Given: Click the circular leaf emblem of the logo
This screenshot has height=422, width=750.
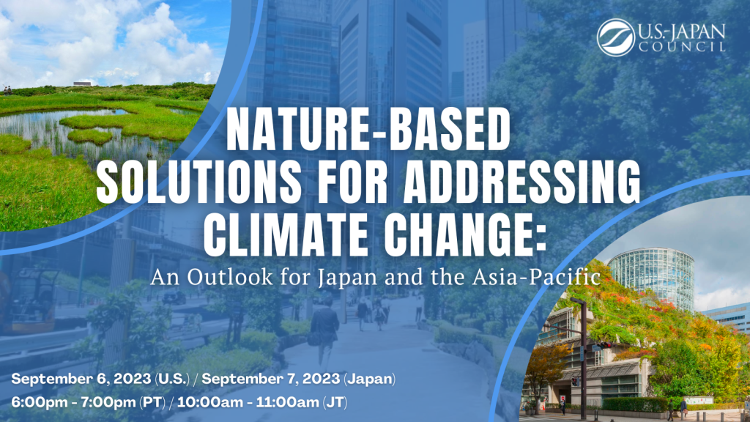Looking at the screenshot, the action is pyautogui.click(x=615, y=37).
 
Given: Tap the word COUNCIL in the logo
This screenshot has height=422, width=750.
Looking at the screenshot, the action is pyautogui.click(x=682, y=47).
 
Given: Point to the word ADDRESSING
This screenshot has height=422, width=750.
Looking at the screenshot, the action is pyautogui.click(x=521, y=182).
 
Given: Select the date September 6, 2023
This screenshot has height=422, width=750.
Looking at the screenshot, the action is pyautogui.click(x=81, y=379).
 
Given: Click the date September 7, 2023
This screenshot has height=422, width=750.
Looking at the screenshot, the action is pyautogui.click(x=271, y=379).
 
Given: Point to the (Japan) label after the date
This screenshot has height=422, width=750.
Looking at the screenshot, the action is pyautogui.click(x=370, y=380).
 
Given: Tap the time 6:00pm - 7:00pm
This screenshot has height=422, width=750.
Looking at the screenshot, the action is pyautogui.click(x=73, y=402).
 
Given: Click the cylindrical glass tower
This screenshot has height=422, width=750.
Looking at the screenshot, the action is pyautogui.click(x=651, y=278).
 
